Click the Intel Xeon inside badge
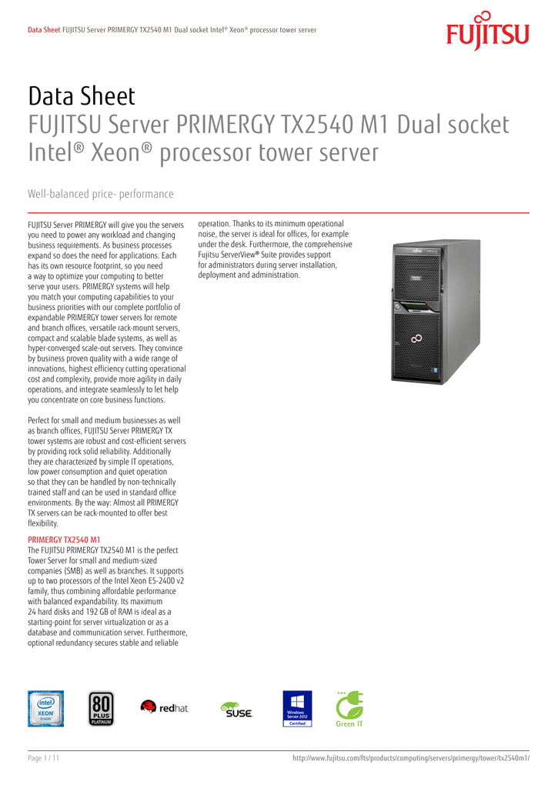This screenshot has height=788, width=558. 46,708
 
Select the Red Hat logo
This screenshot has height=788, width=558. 164,707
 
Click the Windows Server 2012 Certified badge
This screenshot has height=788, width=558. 297,708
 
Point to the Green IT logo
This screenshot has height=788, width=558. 349,709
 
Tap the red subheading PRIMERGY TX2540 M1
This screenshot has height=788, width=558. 64,539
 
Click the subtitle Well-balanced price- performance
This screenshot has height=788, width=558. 101,194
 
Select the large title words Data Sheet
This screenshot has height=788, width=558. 82,97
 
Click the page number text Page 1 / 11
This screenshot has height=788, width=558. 44,759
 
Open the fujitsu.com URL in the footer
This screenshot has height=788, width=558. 412,759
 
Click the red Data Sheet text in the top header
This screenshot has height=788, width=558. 44,30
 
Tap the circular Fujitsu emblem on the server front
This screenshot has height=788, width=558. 416,336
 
